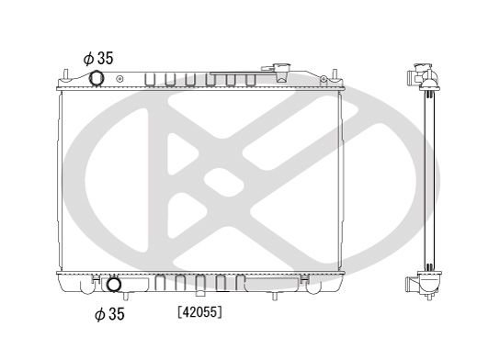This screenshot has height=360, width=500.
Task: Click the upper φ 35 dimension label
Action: [98, 58]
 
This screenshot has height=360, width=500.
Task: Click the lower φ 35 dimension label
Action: [111, 316]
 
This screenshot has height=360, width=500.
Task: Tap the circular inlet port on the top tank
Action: [98, 79]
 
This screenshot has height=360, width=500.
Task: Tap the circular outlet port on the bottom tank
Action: [114, 284]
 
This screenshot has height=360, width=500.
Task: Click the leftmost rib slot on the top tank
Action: [152, 79]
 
